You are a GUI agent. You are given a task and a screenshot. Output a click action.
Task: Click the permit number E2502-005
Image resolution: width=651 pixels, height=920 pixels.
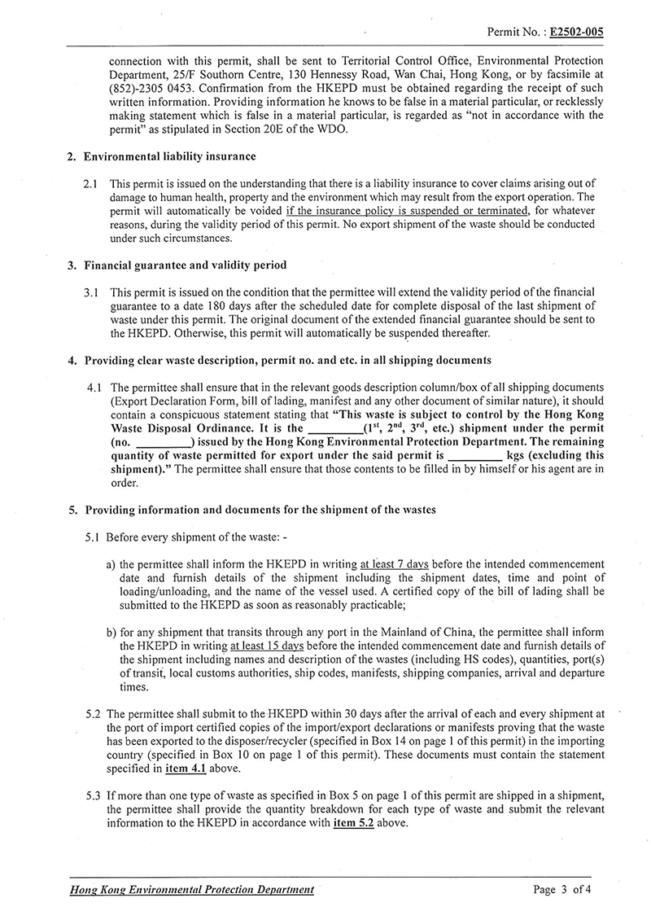(x=577, y=33)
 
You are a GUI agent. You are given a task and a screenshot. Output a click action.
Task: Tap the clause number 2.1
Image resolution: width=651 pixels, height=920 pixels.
(x=94, y=186)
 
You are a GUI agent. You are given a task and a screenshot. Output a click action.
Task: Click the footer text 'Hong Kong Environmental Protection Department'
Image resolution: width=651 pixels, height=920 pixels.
(x=191, y=890)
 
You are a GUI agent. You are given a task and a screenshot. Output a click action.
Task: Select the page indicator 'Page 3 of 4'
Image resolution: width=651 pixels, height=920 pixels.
(x=561, y=890)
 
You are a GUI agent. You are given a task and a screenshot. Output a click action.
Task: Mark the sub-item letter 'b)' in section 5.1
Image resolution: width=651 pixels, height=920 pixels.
(x=111, y=630)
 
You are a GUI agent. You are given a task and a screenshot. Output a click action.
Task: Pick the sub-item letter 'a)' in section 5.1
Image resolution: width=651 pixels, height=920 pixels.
(x=111, y=563)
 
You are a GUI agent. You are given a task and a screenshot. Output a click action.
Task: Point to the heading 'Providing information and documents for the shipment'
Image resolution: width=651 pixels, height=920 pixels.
(x=260, y=510)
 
